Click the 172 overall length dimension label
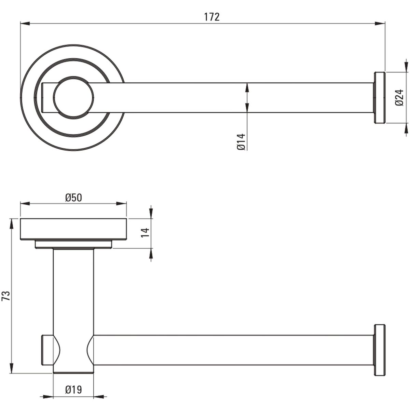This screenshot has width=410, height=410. [x=212, y=17]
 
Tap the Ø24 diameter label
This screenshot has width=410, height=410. [x=399, y=97]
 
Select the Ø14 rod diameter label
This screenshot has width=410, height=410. [x=241, y=142]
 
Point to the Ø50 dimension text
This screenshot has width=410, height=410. [x=73, y=198]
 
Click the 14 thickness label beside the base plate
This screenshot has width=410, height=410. [x=145, y=233]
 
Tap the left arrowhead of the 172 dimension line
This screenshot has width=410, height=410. [x=25, y=24]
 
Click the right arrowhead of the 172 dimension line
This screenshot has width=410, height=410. [x=380, y=24]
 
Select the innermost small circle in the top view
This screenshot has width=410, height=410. [x=73, y=97]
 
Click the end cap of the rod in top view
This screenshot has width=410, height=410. [x=380, y=97]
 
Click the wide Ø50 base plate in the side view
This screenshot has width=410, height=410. [x=73, y=229]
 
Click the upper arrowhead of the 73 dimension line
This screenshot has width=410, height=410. [x=12, y=223]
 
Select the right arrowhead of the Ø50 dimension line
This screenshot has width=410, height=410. [x=122, y=204]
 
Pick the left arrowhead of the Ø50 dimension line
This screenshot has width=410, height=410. [x=25, y=204]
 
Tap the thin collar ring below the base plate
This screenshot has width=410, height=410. [x=73, y=244]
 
